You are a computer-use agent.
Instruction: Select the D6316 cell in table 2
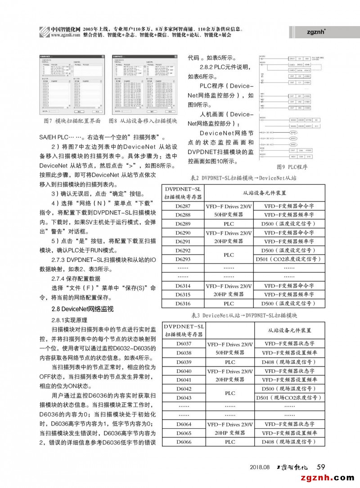[x=183, y=304]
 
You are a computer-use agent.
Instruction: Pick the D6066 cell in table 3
[x=183, y=442]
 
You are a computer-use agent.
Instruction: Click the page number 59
[x=321, y=466]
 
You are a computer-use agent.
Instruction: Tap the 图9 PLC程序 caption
[x=292, y=167]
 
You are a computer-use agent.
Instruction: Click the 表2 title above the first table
[x=243, y=178]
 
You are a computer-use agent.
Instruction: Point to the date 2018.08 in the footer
[x=260, y=467]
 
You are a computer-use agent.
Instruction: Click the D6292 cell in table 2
[x=183, y=250]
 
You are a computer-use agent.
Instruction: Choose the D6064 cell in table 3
[x=183, y=424]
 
